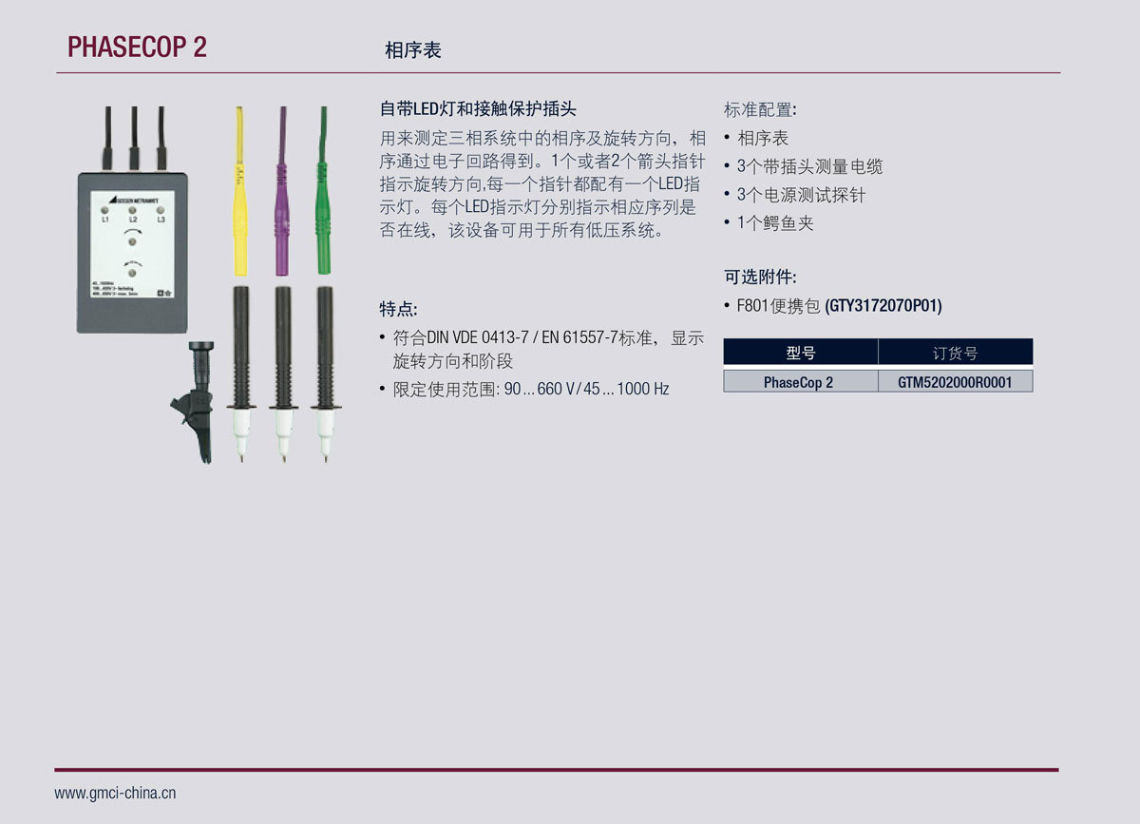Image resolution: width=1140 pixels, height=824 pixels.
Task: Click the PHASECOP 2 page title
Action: coord(137,48)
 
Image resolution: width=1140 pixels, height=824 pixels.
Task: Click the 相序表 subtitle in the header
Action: coord(412,50)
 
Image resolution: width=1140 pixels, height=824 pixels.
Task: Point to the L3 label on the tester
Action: coord(161,220)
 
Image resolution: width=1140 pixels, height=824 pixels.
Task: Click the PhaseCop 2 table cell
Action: coord(799,382)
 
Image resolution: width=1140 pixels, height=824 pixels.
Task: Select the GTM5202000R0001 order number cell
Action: coord(955,382)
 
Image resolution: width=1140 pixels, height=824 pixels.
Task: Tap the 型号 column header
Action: coord(800,353)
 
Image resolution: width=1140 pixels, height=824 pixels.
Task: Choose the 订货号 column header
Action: coord(955,353)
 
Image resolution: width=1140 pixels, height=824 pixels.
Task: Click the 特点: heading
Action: coord(398,310)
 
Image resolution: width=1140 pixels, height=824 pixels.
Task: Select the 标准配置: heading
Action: coord(760,109)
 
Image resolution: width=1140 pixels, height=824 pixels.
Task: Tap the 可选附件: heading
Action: coord(760,278)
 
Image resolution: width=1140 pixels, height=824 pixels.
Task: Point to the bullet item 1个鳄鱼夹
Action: coord(775,223)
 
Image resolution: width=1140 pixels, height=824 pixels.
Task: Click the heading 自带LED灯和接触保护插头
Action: coord(478,109)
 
